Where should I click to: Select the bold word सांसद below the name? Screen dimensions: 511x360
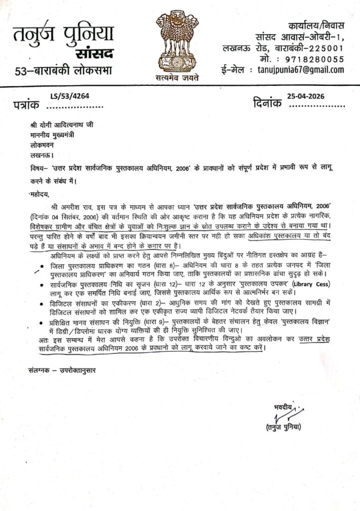[x=94, y=53]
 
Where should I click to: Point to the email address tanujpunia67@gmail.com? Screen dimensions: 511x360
[x=300, y=70]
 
